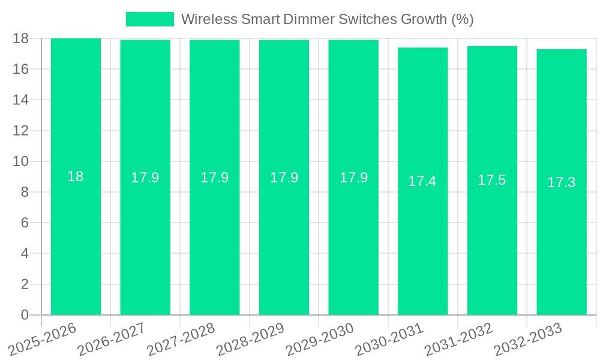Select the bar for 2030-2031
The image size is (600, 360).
pyautogui.click(x=422, y=240)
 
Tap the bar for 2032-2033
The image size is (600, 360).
pyautogui.click(x=561, y=240)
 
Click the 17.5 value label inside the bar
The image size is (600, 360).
pyautogui.click(x=491, y=180)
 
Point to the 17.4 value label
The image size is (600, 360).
pyautogui.click(x=422, y=181)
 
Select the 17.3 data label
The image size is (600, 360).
pyautogui.click(x=561, y=182)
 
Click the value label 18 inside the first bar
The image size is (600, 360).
pyautogui.click(x=76, y=176)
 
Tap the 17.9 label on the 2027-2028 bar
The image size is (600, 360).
pyautogui.click(x=214, y=178)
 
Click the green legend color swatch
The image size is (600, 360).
pyautogui.click(x=149, y=19)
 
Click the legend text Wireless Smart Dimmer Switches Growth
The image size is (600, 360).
pyautogui.click(x=327, y=19)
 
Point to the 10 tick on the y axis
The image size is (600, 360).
pyautogui.click(x=20, y=161)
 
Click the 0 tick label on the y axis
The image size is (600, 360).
pyautogui.click(x=25, y=315)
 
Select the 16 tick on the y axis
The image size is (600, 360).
pyautogui.click(x=20, y=69)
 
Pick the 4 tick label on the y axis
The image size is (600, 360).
pyautogui.click(x=25, y=254)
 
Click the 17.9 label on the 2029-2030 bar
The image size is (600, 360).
pyautogui.click(x=353, y=178)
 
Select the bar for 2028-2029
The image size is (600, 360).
pyautogui.click(x=284, y=240)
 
